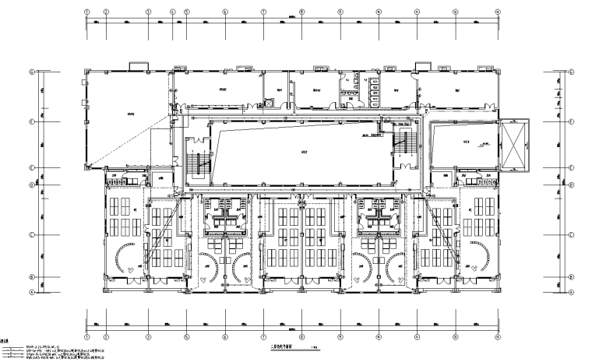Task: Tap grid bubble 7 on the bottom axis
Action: point(263,338)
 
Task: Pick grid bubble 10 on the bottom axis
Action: point(378,338)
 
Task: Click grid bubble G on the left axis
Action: point(32,72)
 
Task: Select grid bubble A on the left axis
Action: point(32,293)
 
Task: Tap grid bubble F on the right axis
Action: point(571,121)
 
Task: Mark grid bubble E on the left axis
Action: point(32,167)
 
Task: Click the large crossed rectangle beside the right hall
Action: point(516,144)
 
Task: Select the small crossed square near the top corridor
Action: point(270,101)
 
